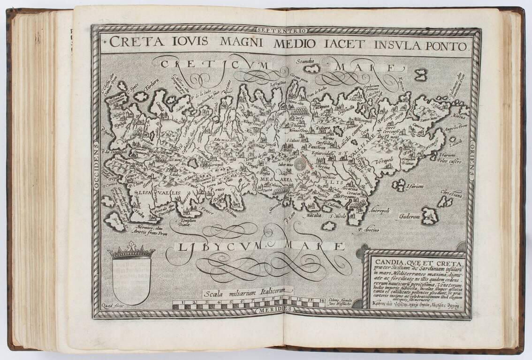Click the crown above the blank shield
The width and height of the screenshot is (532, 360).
pos(131,250)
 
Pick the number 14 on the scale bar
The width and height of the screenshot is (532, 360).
pos(321,300)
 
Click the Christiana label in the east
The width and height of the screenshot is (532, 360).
pos(450,193)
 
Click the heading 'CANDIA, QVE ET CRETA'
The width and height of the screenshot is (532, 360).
pos(417,262)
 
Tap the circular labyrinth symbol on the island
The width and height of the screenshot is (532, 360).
pos(301,164)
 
